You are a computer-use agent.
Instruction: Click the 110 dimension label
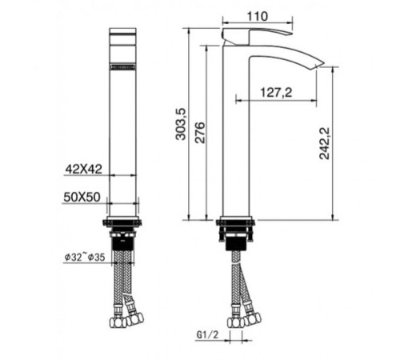[258, 17]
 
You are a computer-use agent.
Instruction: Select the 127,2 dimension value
[276, 93]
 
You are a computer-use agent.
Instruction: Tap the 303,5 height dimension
[181, 124]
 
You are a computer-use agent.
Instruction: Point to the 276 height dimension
[200, 133]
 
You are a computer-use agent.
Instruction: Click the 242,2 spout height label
[325, 143]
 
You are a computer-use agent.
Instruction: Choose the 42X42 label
[84, 169]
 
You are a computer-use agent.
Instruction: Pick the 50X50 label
[82, 197]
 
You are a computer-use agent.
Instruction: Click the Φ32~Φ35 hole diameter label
[85, 257]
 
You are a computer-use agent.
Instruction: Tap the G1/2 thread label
[207, 334]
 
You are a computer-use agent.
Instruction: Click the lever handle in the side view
[256, 35]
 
